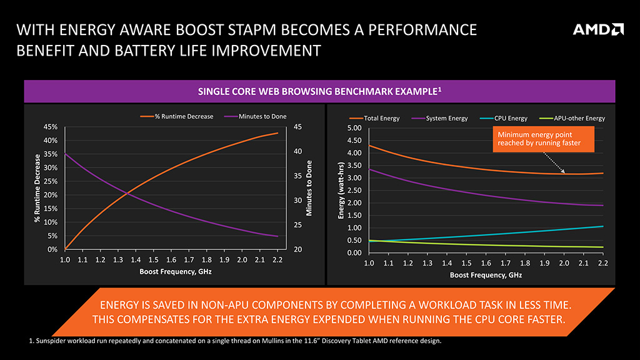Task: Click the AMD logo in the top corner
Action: click(x=598, y=29)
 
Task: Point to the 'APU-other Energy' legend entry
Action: click(x=573, y=118)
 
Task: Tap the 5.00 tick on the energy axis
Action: click(x=354, y=128)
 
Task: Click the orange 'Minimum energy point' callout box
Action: click(x=539, y=139)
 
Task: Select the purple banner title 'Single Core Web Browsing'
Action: click(x=319, y=91)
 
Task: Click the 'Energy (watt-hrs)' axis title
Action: click(x=341, y=191)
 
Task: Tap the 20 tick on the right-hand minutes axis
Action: click(x=297, y=249)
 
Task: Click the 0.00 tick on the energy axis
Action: click(x=354, y=252)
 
